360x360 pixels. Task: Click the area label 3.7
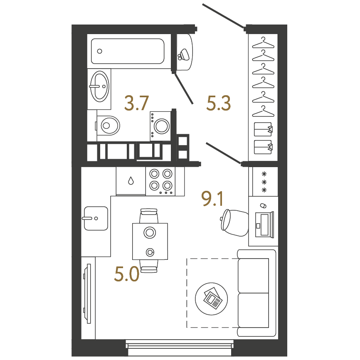click(x=137, y=104)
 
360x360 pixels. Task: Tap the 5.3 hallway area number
click(x=218, y=104)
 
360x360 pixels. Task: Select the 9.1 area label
click(x=212, y=199)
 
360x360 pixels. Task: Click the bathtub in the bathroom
click(x=128, y=51)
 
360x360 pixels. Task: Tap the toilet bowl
click(x=108, y=126)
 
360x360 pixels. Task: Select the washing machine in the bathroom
click(x=160, y=126)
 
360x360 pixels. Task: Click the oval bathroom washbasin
click(x=100, y=86)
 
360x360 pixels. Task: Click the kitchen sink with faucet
click(x=96, y=218)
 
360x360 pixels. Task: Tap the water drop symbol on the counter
click(x=131, y=181)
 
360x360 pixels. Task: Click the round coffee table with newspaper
click(x=212, y=299)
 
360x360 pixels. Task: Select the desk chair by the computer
click(x=234, y=223)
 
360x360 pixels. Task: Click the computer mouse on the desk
click(x=263, y=205)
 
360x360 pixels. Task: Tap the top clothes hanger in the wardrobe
click(x=263, y=43)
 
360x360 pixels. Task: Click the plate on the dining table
click(x=150, y=232)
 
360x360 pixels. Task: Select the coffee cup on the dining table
click(x=150, y=252)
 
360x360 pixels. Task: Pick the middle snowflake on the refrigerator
click(x=264, y=182)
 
